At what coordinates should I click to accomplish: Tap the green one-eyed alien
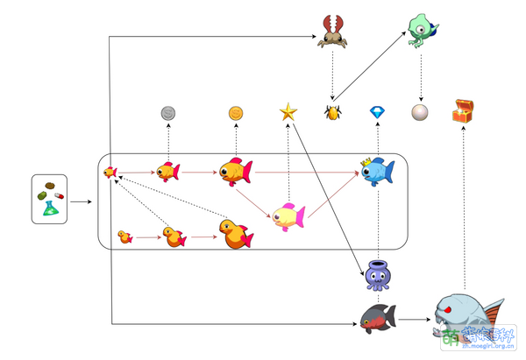[423, 28]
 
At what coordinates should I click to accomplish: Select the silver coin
[167, 113]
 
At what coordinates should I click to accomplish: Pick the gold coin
[236, 113]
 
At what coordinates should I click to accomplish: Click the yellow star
[288, 111]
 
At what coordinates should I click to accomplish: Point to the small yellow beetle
[333, 113]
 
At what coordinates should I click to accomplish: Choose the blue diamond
[378, 113]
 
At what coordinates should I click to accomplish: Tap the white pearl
[421, 113]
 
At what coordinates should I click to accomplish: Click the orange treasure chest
[462, 111]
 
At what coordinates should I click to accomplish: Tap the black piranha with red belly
[378, 319]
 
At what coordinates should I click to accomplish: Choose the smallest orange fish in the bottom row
[124, 236]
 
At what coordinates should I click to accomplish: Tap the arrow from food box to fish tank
[81, 201]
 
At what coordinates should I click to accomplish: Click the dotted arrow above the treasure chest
[462, 210]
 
